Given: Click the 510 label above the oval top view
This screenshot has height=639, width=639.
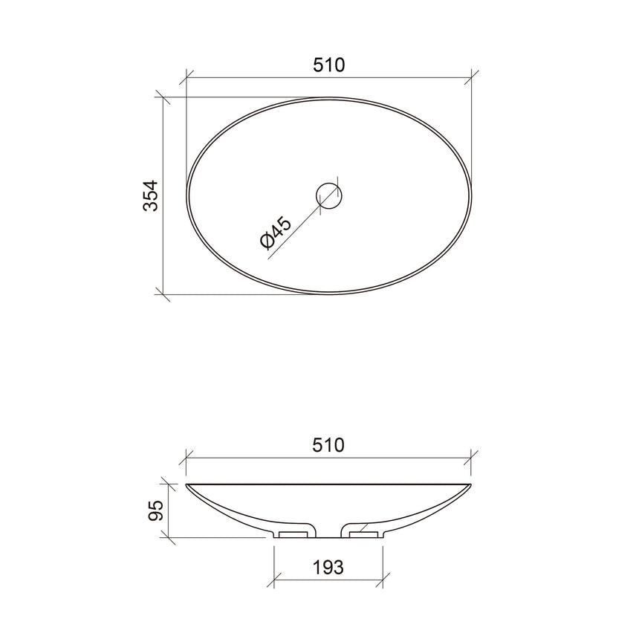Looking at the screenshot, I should point(328,65).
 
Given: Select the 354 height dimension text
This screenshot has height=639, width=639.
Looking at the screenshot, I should point(151,196).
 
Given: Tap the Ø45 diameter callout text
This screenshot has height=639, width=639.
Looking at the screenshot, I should point(276,233).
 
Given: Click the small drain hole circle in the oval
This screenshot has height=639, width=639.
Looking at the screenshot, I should point(329,196).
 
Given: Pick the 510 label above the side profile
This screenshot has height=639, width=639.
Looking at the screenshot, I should point(328,445).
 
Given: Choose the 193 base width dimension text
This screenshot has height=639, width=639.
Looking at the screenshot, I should point(328,568).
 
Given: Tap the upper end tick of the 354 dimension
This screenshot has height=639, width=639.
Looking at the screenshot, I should point(163,97).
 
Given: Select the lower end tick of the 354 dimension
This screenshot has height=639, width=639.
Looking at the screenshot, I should point(163,294).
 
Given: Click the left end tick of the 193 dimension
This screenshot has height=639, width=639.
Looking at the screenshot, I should point(275,580).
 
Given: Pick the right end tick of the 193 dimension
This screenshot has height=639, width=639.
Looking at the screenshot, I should point(383,580).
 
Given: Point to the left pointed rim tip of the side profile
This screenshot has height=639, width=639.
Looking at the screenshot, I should point(187,485).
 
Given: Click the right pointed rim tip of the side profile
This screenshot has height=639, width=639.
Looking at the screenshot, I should point(470,485).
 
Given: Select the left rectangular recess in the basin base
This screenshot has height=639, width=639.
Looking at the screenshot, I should point(294,532).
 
